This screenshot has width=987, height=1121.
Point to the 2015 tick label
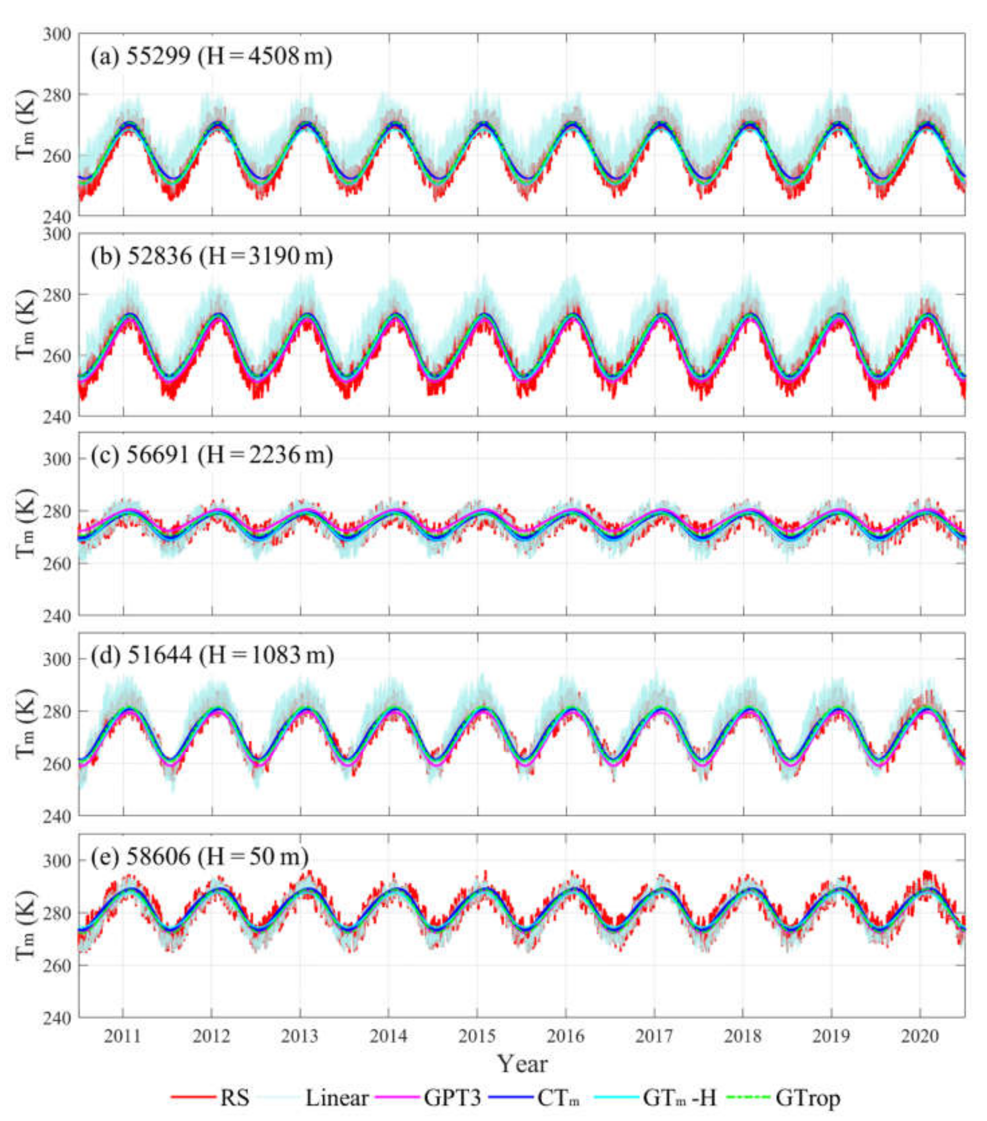point(477,1035)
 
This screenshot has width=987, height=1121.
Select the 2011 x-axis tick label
point(122,1035)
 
